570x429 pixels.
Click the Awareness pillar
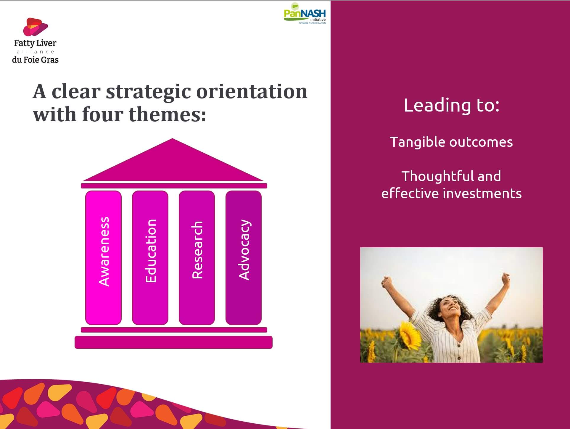[103, 258]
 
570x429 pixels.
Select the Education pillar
[150, 258]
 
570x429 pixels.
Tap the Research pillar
[197, 258]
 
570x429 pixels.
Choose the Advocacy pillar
[244, 258]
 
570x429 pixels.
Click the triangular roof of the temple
[173, 166]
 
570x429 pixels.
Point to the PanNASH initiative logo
[305, 13]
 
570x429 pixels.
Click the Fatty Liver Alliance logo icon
[36, 27]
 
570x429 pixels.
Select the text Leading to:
[452, 105]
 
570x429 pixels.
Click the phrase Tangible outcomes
[451, 142]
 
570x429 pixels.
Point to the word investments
[482, 193]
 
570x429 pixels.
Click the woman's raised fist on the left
[386, 281]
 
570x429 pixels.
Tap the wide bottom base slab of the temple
[173, 342]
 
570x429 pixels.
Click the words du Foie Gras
[35, 60]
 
